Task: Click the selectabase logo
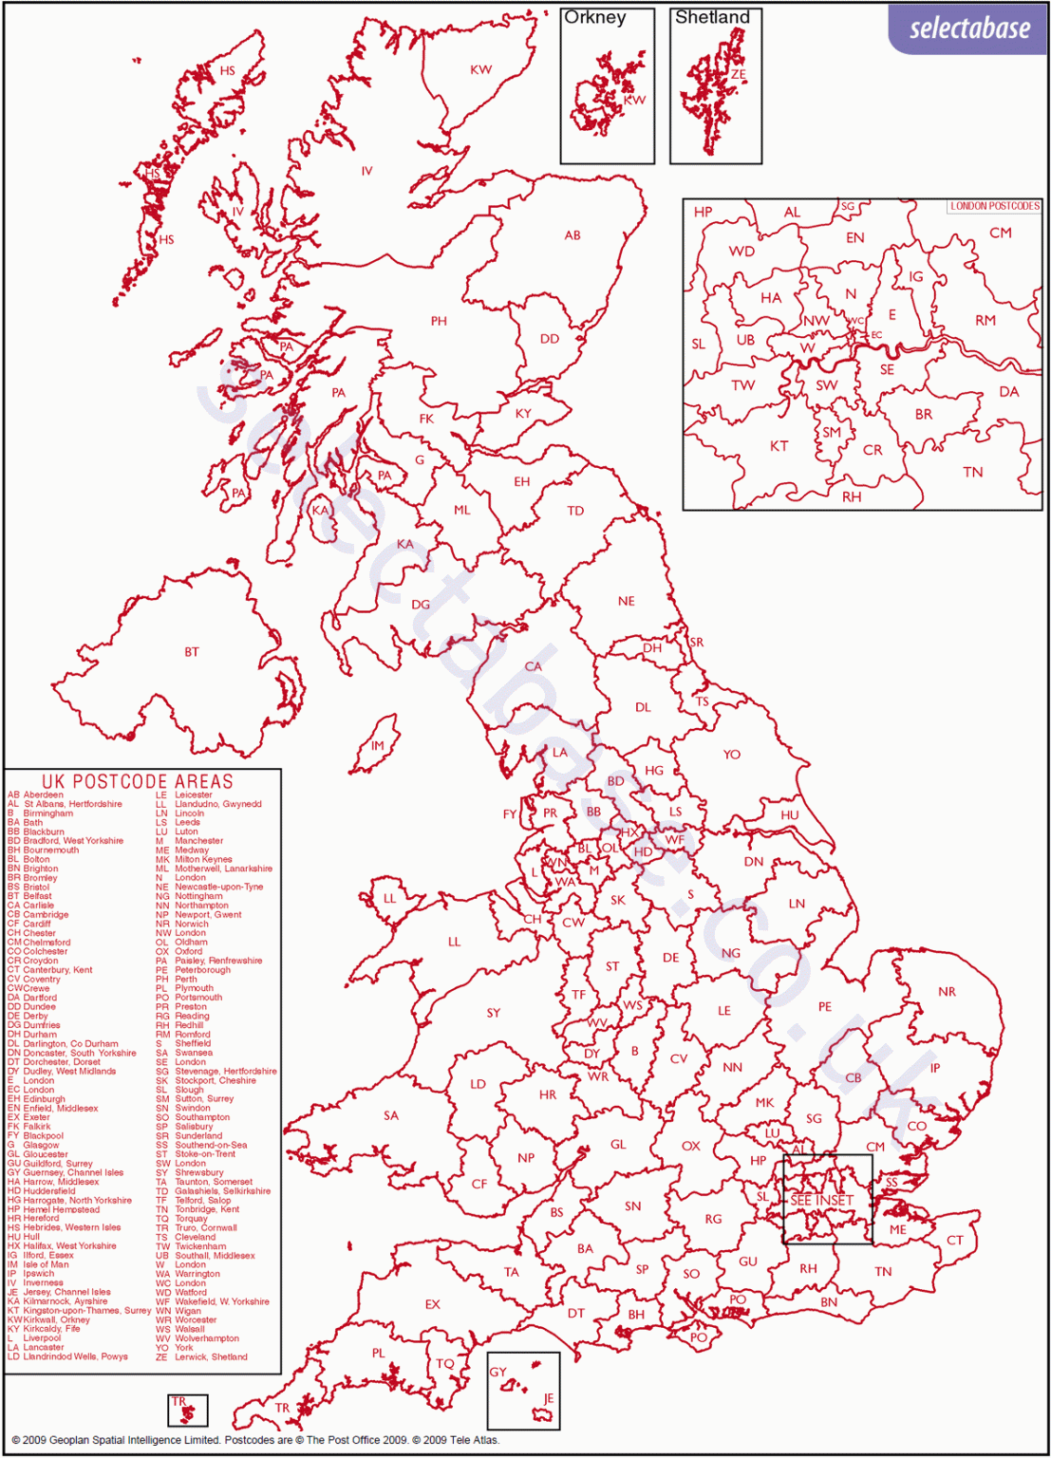coord(968,28)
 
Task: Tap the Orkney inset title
coord(595,18)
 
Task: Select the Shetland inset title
coord(712,18)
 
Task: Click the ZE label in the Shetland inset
coord(739,75)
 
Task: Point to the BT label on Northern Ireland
coord(192,652)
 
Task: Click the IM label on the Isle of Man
coord(378,746)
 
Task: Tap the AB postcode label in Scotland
coord(572,235)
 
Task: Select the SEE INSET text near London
coord(822,1201)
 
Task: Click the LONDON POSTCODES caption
coord(995,206)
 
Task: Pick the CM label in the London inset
coord(1001,233)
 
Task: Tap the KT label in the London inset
coord(779,446)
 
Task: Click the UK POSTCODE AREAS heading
coord(138,782)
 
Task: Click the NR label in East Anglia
coord(947,992)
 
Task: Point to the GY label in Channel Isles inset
coord(498,1372)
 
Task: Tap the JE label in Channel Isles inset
coord(549,1398)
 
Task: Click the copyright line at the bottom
coord(254,1440)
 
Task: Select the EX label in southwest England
coord(433,1304)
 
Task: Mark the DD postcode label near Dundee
coord(550,339)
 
